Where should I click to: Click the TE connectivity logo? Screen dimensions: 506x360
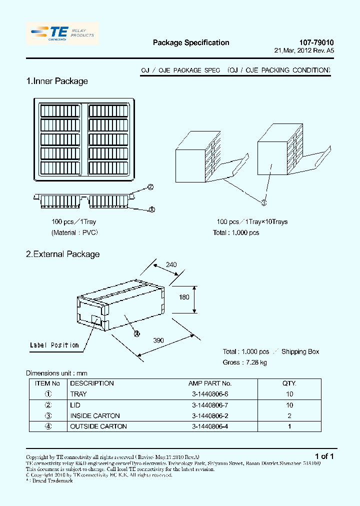click(x=62, y=33)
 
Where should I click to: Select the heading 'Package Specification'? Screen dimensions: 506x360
click(x=191, y=43)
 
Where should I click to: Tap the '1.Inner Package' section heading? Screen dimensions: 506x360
click(x=57, y=81)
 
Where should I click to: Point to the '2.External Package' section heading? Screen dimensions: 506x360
click(x=63, y=254)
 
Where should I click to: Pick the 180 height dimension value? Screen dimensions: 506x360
click(x=184, y=297)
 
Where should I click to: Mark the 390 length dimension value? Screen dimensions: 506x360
click(x=158, y=340)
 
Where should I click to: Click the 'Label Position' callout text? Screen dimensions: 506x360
click(x=54, y=345)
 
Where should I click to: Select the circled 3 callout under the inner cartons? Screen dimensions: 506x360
click(x=264, y=202)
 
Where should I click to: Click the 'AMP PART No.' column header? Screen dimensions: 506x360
click(x=210, y=383)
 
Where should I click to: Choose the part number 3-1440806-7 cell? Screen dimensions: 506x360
click(x=210, y=405)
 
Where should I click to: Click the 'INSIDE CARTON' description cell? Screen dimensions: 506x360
click(x=95, y=415)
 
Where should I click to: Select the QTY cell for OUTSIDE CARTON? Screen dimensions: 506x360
click(x=289, y=426)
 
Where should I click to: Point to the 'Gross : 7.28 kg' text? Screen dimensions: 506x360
click(x=245, y=362)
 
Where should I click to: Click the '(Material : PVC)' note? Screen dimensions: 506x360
click(x=75, y=232)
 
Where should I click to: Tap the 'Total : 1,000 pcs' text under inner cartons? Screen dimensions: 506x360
click(x=236, y=232)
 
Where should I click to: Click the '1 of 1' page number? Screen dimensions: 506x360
click(x=324, y=456)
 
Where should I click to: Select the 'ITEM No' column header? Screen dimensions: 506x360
click(x=48, y=383)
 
